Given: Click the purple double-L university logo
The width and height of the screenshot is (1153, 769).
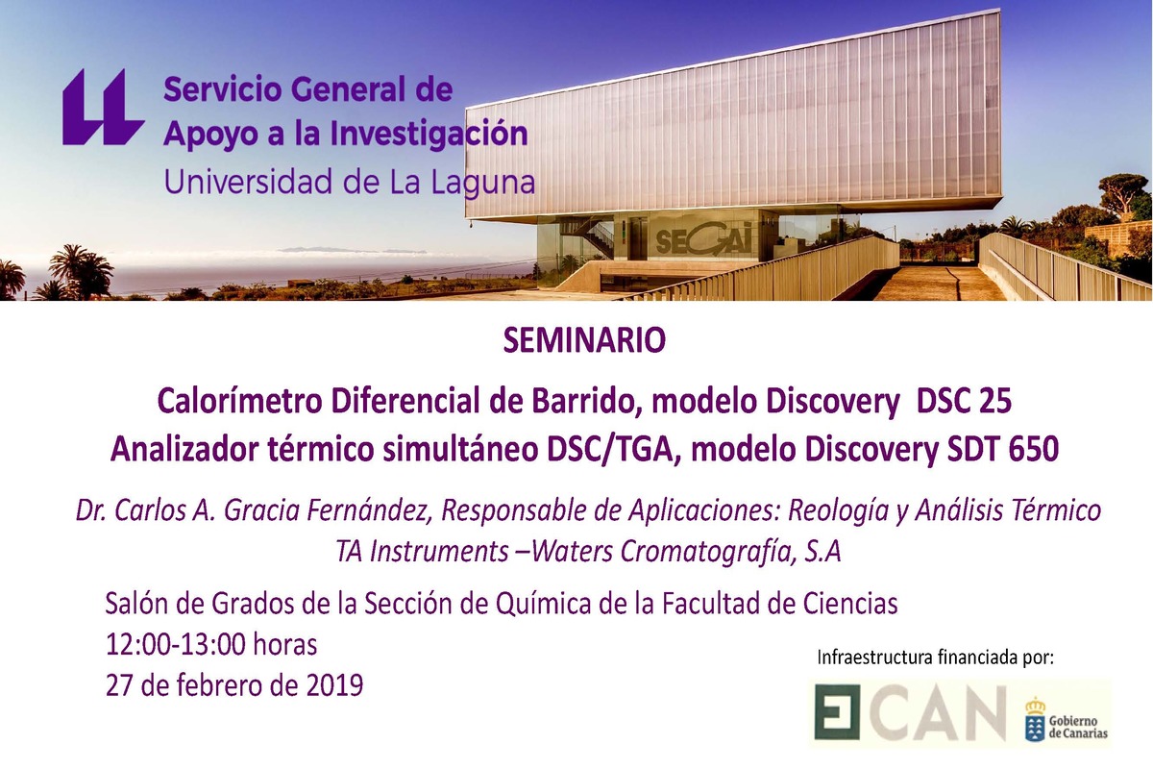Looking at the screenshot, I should click(103, 107).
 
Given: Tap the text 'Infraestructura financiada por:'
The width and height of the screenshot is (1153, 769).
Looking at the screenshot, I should click(935, 658).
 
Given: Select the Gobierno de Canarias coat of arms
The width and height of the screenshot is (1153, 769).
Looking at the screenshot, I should click(1036, 718).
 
